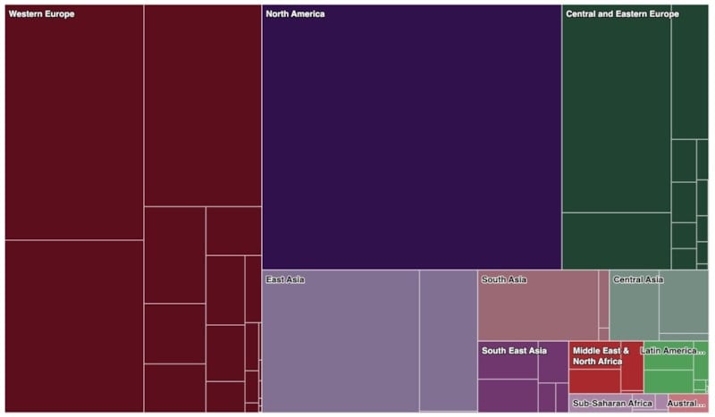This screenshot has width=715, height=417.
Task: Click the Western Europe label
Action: coord(41,14)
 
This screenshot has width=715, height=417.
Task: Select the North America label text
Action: coord(295,14)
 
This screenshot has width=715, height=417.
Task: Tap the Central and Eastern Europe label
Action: coord(622,14)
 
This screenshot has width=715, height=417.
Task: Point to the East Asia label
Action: coord(286,280)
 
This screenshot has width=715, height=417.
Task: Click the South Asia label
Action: coord(504,280)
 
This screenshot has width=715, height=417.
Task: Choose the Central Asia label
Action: coord(638,280)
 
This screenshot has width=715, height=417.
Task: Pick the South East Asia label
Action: coord(514,351)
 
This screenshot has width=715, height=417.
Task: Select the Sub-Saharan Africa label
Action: coord(612,404)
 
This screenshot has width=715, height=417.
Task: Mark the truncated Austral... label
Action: coord(686,404)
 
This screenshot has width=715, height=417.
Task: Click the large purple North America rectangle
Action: coord(411,143)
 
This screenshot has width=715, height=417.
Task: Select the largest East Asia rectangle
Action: coord(340,348)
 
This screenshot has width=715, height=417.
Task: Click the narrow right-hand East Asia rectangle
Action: coord(448,340)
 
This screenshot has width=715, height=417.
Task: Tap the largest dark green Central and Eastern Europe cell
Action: coord(617,116)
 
